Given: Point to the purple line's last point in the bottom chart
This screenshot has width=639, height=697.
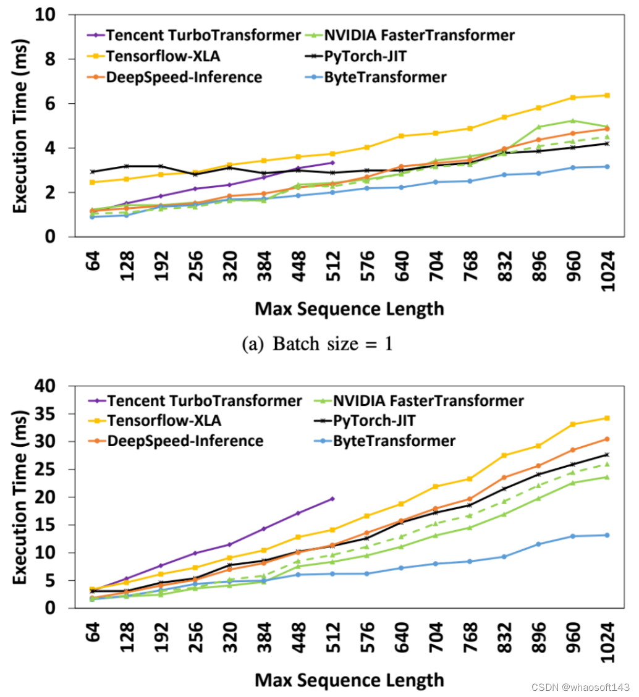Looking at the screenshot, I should point(332,499).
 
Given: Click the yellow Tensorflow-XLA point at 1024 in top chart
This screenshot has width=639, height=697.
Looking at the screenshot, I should point(607,95).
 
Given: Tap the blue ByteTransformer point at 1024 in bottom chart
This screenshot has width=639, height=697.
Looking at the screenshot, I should point(607,535).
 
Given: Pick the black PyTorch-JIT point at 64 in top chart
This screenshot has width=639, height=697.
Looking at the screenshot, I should point(92,172).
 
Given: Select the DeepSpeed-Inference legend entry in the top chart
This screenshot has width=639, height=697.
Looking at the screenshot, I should point(185,77).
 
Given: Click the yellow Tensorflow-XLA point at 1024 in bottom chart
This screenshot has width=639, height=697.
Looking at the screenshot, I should point(607,418).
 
